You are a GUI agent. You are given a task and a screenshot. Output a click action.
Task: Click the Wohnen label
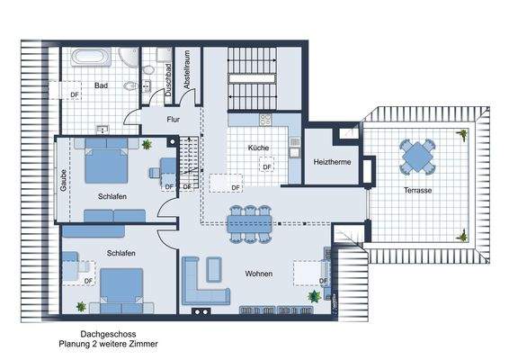click(259, 273)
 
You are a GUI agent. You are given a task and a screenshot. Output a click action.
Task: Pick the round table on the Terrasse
click(418, 157)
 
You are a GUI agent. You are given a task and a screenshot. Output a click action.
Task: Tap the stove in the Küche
click(266, 121)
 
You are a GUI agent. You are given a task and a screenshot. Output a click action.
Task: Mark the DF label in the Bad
click(76, 93)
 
